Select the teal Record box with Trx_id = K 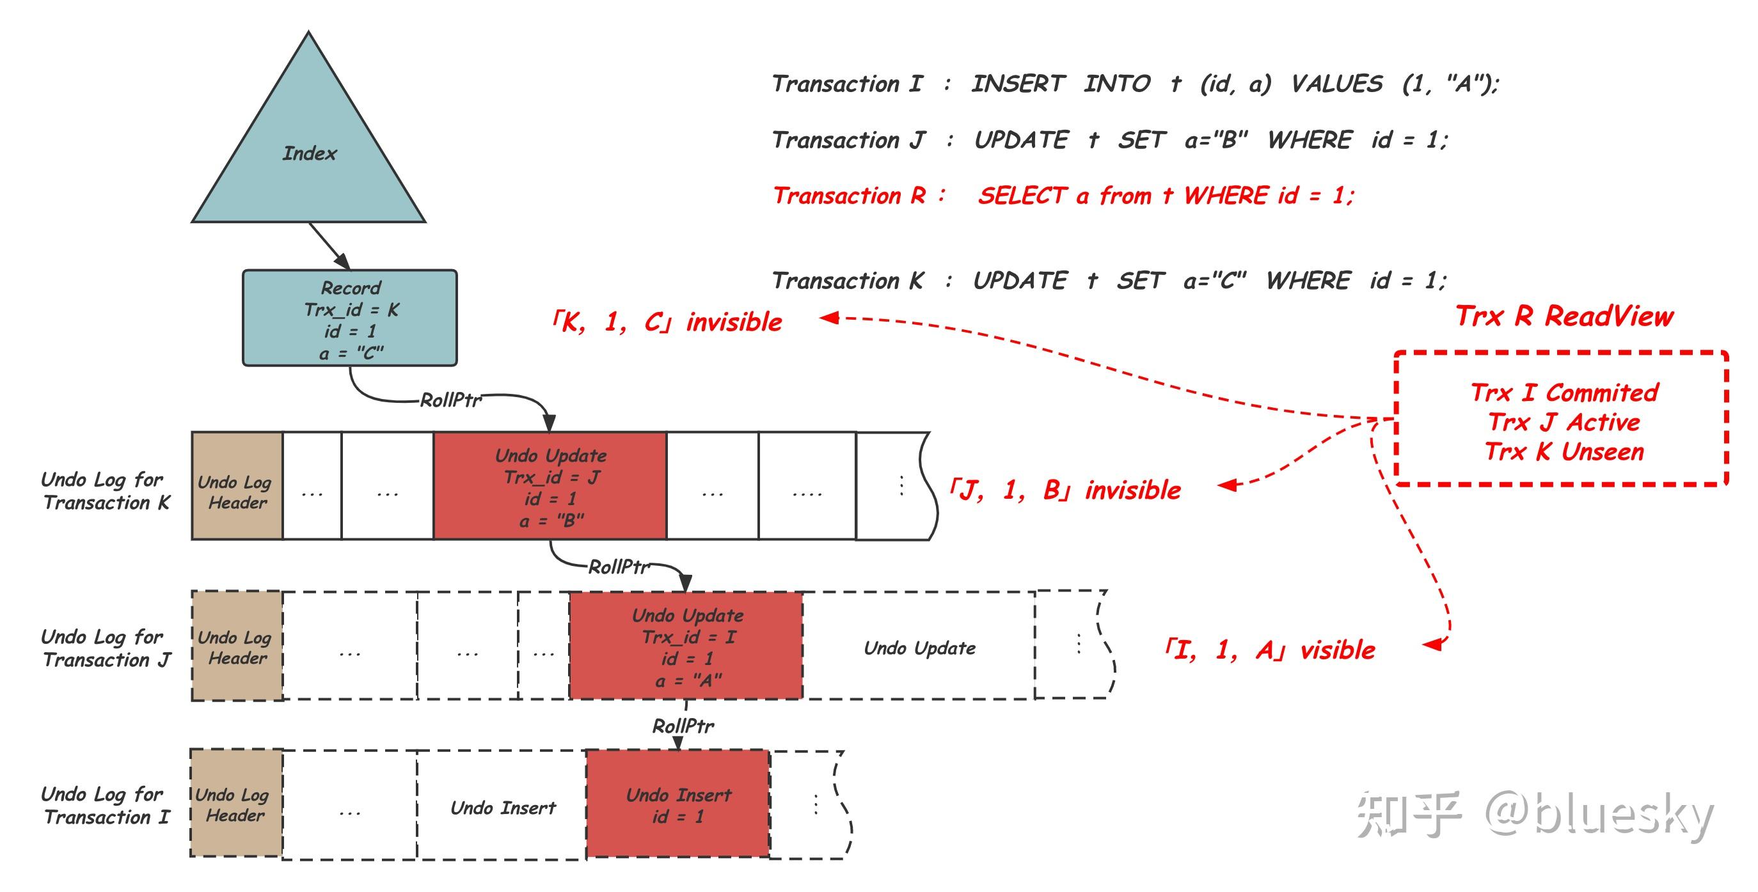pyautogui.click(x=350, y=318)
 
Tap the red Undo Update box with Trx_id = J pyautogui.click(x=550, y=485)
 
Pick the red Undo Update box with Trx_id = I pyautogui.click(x=686, y=645)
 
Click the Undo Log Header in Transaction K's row pyautogui.click(x=237, y=485)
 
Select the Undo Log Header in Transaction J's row pyautogui.click(x=237, y=646)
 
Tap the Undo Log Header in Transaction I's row pyautogui.click(x=236, y=803)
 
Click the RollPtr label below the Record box pyautogui.click(x=450, y=400)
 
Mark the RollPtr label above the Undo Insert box pyautogui.click(x=683, y=725)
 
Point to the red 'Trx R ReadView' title pyautogui.click(x=1564, y=316)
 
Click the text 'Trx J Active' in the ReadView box pyautogui.click(x=1564, y=422)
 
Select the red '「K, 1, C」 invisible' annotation pyautogui.click(x=666, y=322)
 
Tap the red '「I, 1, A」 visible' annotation pyautogui.click(x=1270, y=650)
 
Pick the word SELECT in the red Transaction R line pyautogui.click(x=1022, y=196)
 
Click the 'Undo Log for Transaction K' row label pyautogui.click(x=105, y=491)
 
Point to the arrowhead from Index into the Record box pyautogui.click(x=344, y=263)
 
